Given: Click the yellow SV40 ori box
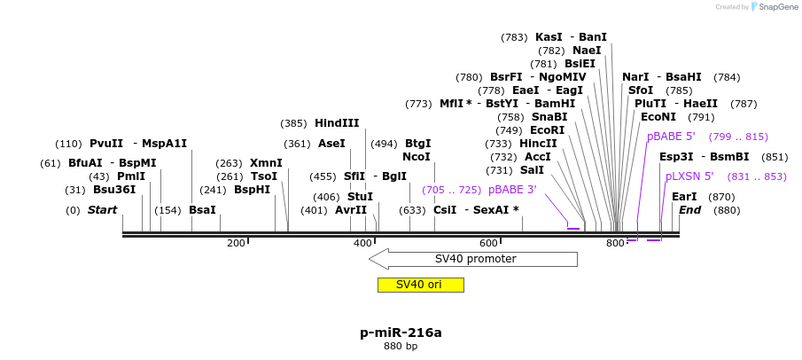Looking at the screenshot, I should click(420, 285).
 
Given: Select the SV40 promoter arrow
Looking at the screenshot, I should click(473, 259).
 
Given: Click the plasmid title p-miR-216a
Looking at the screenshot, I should click(401, 333).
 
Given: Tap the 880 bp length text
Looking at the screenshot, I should click(401, 347).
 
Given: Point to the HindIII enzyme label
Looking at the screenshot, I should click(337, 123).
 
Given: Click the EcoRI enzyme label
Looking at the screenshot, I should click(547, 130).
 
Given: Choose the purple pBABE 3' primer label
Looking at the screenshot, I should click(512, 190).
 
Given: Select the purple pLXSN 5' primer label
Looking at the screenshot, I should click(689, 176).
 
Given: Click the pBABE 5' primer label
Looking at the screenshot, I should click(671, 137).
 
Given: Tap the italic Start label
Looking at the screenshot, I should click(102, 210).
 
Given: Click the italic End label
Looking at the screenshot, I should click(690, 210).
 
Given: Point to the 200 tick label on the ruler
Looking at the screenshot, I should click(236, 243).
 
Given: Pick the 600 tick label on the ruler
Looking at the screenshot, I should click(488, 243).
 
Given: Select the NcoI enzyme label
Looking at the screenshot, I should click(417, 157).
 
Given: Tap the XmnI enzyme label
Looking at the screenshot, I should click(266, 163).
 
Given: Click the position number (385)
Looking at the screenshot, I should click(293, 123).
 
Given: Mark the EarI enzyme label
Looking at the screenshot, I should click(684, 197).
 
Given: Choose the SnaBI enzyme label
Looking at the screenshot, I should click(549, 117).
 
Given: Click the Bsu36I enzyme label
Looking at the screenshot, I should click(114, 190).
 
